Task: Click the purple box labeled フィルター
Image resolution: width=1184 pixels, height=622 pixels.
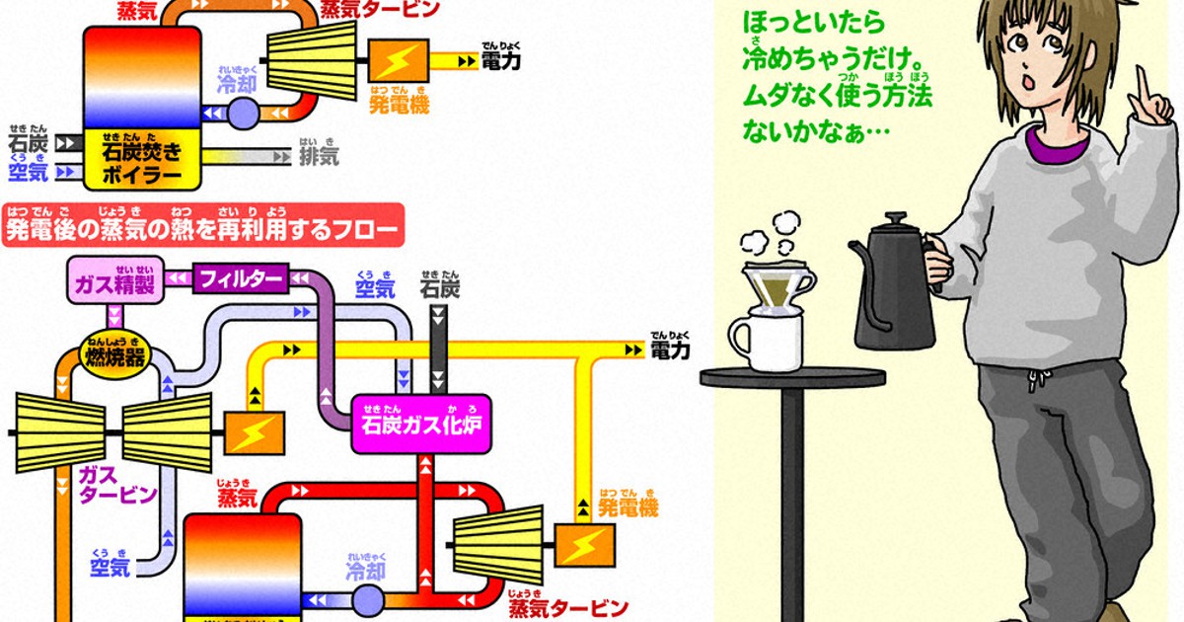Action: [x=241, y=278]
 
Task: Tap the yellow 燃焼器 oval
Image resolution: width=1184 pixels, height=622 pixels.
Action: [x=111, y=350]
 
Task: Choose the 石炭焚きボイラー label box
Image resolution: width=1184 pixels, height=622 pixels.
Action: [x=143, y=160]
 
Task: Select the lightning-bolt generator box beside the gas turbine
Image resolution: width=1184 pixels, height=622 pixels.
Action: [x=256, y=433]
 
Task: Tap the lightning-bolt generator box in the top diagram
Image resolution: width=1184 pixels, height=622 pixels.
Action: [x=399, y=60]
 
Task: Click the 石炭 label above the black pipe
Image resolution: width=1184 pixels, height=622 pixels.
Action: [x=439, y=288]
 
